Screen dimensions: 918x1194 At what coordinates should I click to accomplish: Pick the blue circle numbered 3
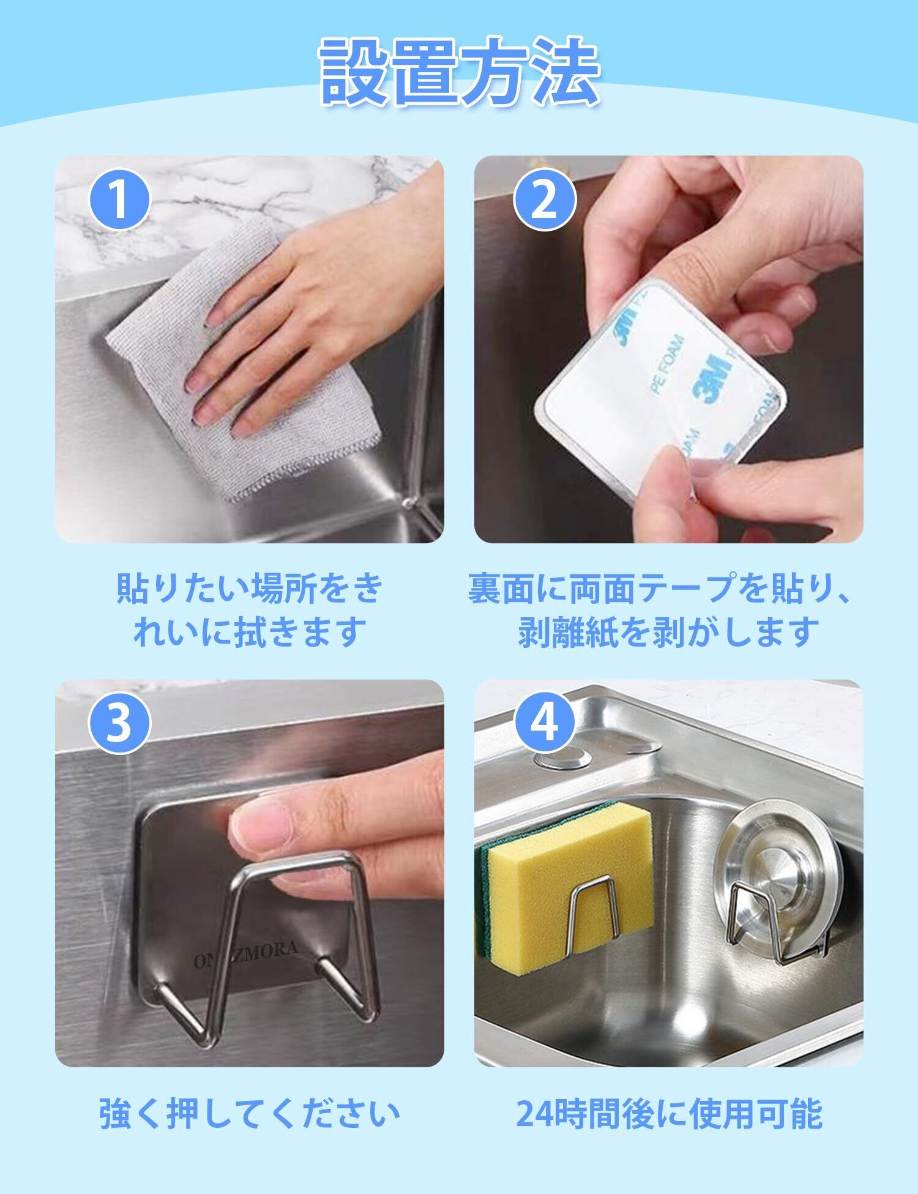pos(120,724)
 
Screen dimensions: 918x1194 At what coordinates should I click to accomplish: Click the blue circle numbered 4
pos(544,724)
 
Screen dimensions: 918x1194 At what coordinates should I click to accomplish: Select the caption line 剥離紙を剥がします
pos(668,632)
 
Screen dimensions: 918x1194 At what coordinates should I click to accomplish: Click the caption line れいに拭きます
pos(250,632)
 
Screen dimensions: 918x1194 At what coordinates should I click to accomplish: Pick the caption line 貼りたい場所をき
pos(250,587)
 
